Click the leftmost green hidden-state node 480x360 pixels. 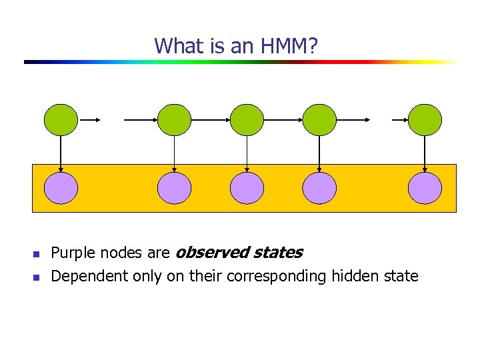61,121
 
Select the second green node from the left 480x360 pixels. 174,121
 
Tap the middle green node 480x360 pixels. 247,121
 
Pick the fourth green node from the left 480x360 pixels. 319,121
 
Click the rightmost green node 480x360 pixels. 425,121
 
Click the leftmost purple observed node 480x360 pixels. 61,188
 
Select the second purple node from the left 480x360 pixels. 174,188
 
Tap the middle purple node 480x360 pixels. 247,188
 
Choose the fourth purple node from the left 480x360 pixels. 319,188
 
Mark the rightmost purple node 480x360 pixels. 425,188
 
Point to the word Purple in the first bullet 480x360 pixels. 73,253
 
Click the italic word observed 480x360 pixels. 206,253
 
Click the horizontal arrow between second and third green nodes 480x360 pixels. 210,121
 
